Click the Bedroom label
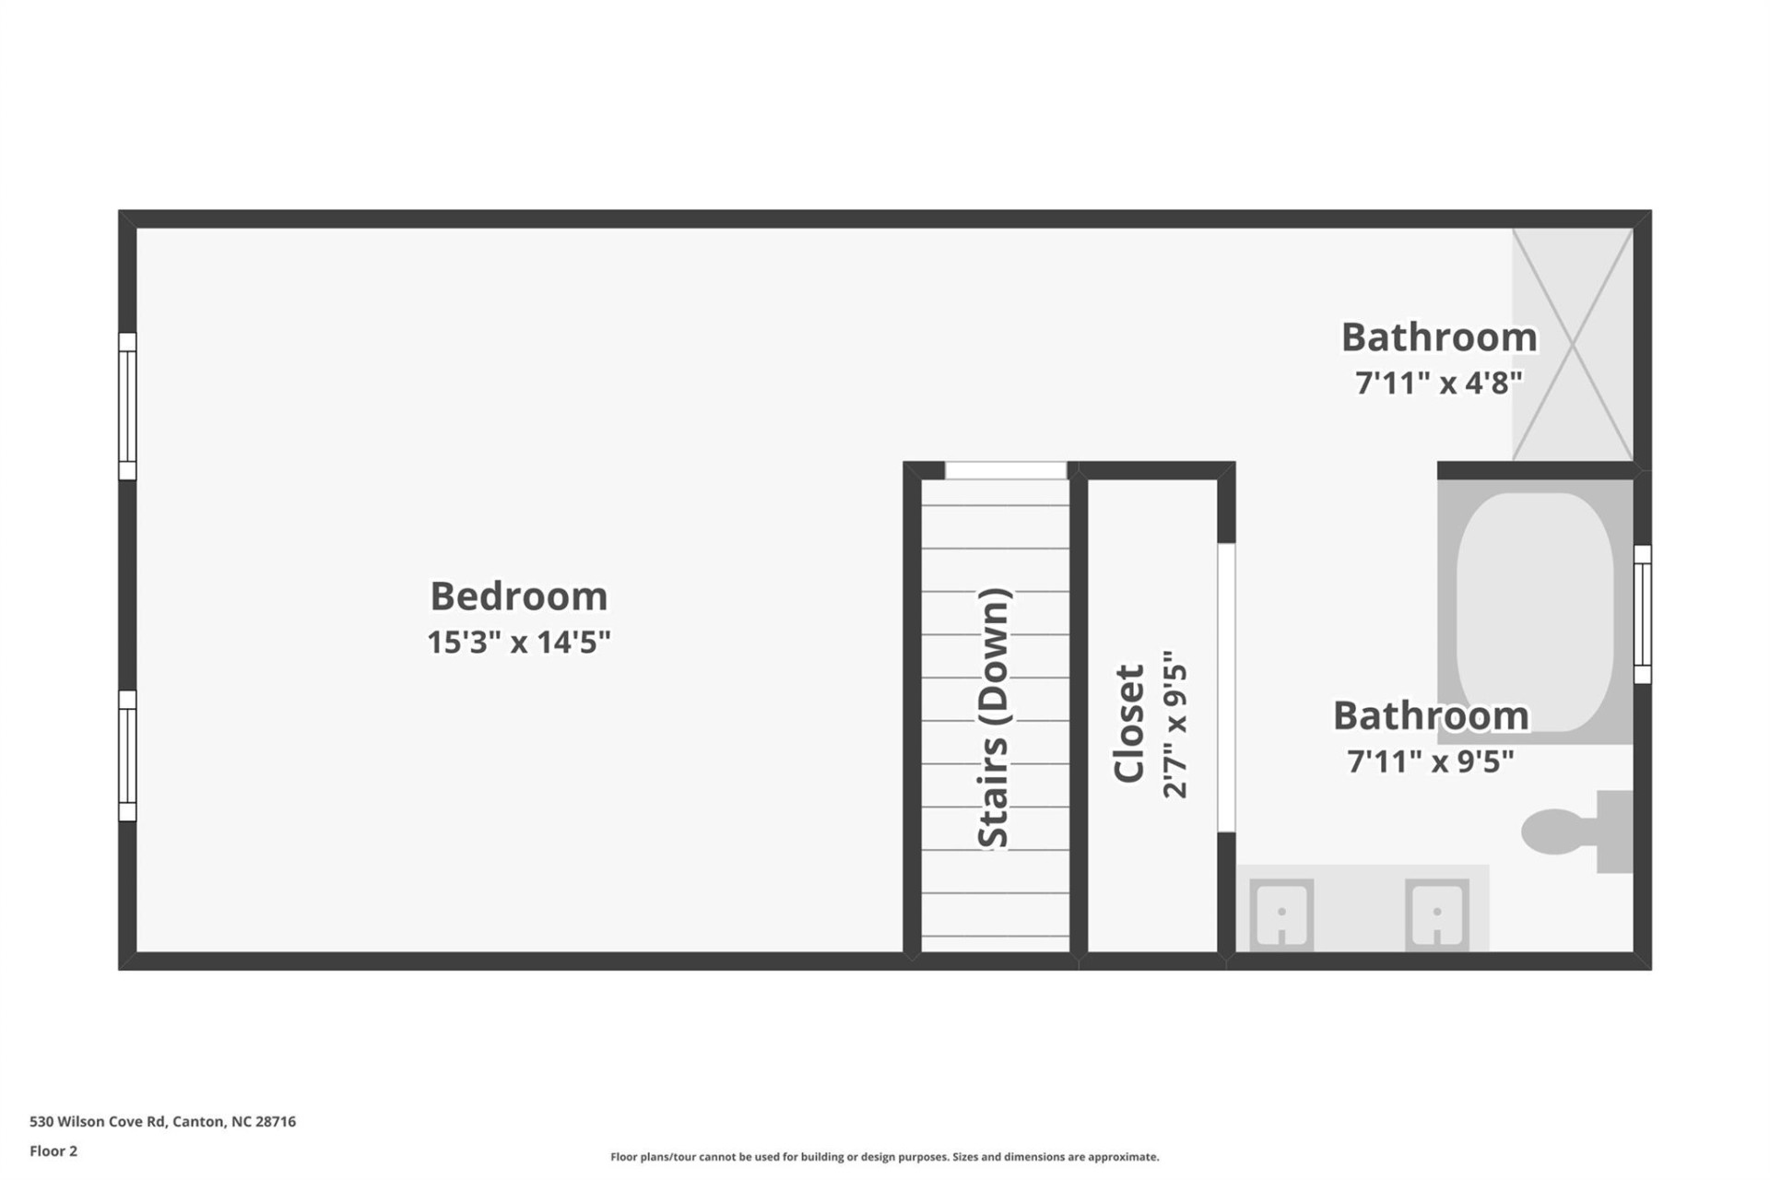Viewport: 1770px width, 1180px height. [519, 596]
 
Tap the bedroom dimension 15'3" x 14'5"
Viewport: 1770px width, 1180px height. [519, 642]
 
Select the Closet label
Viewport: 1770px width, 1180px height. [1129, 724]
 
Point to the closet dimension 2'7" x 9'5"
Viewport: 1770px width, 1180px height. [1175, 724]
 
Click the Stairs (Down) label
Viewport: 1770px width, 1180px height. [995, 718]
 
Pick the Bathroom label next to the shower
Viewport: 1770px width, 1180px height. [1438, 337]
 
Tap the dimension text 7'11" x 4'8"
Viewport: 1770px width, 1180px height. [1438, 382]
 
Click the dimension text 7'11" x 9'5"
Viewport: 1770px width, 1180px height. [1431, 761]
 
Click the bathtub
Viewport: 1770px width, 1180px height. [1535, 608]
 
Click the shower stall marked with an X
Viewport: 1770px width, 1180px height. [1573, 345]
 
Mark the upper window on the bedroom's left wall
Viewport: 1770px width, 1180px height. [127, 407]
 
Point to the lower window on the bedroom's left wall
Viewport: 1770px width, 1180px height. [127, 756]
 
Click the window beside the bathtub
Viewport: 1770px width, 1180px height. [1642, 614]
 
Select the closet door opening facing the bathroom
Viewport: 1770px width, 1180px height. [1226, 688]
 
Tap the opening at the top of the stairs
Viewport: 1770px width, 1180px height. [1006, 470]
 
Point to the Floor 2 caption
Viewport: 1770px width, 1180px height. [53, 1151]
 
